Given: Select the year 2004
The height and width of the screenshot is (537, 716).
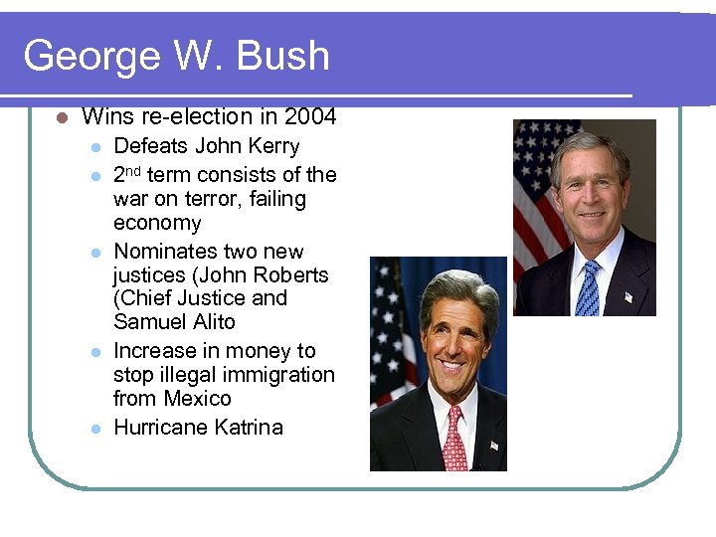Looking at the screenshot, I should click(x=310, y=117).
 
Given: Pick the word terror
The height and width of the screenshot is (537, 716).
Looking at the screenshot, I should click(x=193, y=199).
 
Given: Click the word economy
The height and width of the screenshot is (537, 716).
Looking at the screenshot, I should click(x=157, y=223).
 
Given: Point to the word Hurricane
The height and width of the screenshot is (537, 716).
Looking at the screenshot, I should click(x=155, y=428).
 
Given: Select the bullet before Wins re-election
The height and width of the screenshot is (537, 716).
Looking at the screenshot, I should click(x=61, y=118).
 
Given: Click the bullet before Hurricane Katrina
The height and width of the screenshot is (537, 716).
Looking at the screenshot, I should click(x=95, y=429).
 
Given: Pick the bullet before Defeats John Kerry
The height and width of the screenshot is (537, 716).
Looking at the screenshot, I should click(x=95, y=147).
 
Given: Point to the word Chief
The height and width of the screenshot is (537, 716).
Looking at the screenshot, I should click(x=147, y=298).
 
